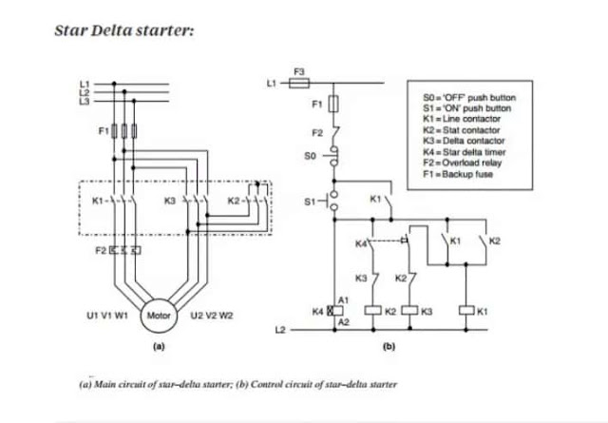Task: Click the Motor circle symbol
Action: [159, 316]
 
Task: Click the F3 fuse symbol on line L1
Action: [299, 83]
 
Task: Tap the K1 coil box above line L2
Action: [466, 311]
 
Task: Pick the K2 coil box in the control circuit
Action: [373, 311]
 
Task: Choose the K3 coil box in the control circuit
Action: [409, 311]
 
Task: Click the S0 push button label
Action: [310, 156]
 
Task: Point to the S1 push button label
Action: [310, 202]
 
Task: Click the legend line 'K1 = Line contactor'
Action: [462, 119]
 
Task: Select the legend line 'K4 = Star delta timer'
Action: [465, 152]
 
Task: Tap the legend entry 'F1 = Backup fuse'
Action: [458, 174]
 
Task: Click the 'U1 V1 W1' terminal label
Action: [107, 316]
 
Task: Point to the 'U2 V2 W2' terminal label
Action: [212, 316]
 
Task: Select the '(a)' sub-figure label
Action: [159, 346]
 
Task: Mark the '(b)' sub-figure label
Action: [389, 346]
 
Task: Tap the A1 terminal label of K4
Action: [344, 300]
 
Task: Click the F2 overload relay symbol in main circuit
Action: [124, 250]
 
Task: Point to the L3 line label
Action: [85, 102]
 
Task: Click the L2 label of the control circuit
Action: [280, 330]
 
